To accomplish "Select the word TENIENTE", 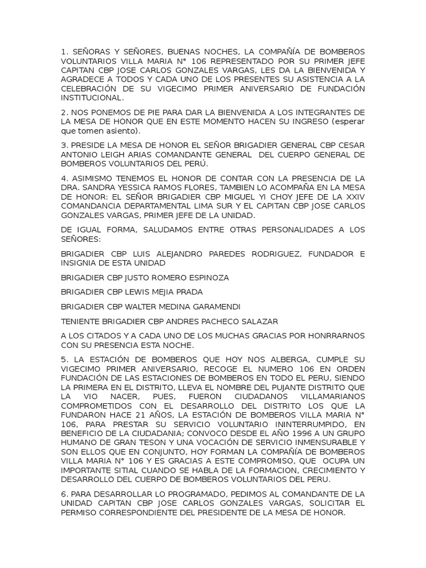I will coord(81,321).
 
